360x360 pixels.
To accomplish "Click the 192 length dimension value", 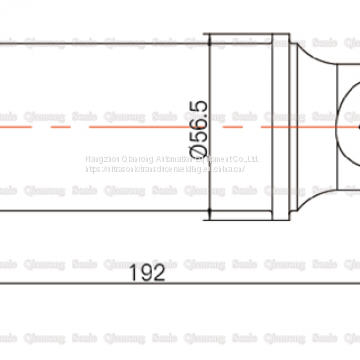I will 146,242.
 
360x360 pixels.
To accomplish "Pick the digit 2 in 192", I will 159,242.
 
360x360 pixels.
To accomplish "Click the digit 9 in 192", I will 146,242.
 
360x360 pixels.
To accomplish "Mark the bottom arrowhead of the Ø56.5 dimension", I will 208,222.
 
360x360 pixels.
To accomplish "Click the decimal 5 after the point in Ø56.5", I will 196,108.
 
